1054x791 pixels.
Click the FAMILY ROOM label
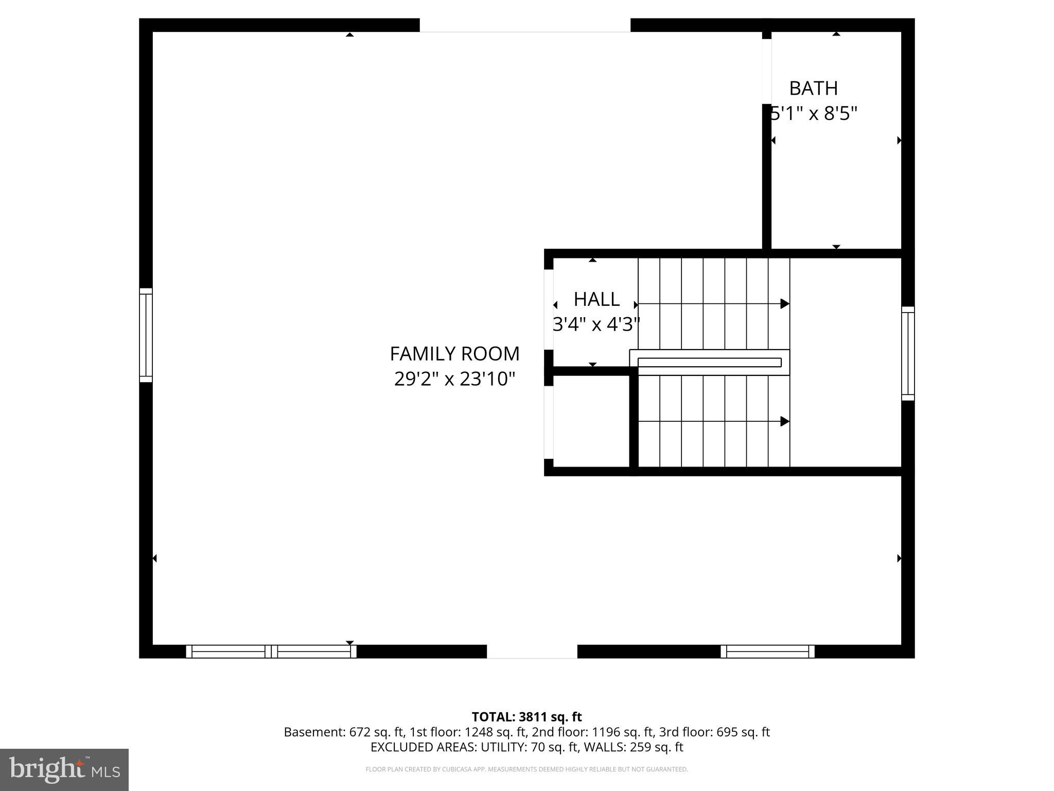click(x=454, y=354)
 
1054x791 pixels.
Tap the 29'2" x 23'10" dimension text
click(x=454, y=379)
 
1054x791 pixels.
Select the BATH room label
click(x=813, y=88)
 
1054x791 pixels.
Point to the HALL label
click(x=596, y=299)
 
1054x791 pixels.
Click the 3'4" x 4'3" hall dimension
click(x=596, y=324)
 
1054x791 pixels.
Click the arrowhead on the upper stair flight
click(x=784, y=304)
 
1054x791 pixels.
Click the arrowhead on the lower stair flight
click(x=784, y=421)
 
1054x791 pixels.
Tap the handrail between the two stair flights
click(x=709, y=363)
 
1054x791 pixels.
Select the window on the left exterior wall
click(x=146, y=335)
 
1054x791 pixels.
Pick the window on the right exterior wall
click(x=908, y=353)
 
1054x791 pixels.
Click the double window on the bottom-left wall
click(x=271, y=651)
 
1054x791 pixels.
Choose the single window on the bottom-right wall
click(x=767, y=651)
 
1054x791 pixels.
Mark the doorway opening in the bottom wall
click(x=532, y=651)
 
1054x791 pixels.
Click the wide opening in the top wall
click(x=525, y=25)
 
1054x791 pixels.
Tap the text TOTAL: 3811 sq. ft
click(x=526, y=717)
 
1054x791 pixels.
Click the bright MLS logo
click(x=64, y=769)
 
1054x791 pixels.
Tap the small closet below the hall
click(x=591, y=421)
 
